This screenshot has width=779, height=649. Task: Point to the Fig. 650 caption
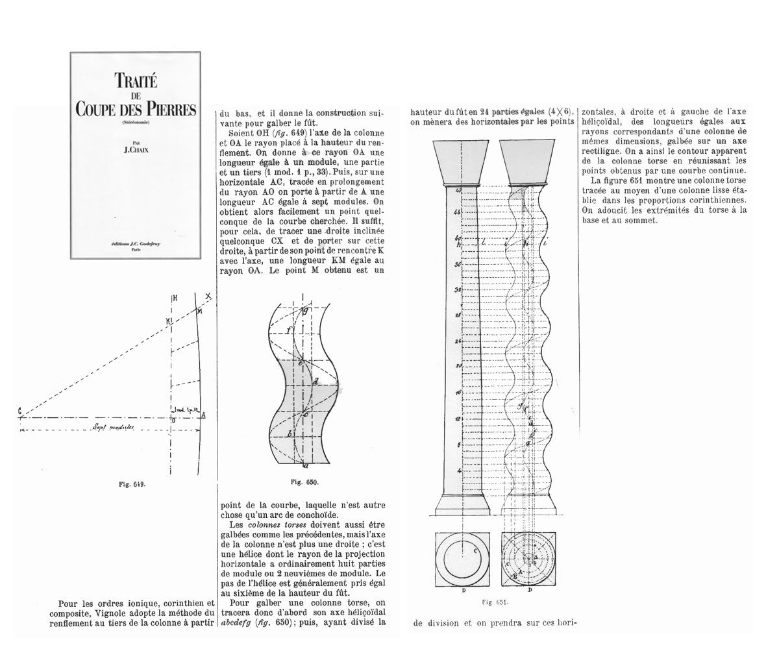tap(303, 482)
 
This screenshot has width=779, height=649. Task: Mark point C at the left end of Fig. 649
tap(19, 411)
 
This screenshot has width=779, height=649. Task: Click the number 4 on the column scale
tap(458, 470)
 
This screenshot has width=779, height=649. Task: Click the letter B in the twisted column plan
tap(515, 576)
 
